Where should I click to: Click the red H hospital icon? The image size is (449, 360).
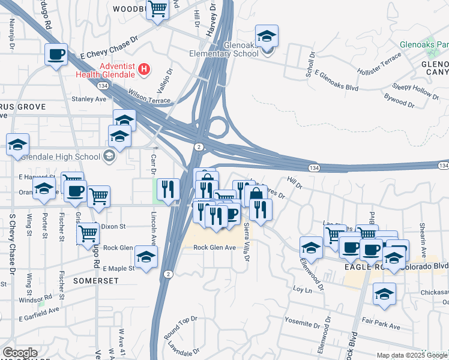143,70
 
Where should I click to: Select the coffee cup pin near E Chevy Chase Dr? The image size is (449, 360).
56,55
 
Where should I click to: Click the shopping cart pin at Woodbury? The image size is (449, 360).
157,10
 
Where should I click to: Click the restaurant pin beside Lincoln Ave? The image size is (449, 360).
169,189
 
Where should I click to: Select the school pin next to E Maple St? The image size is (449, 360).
146,256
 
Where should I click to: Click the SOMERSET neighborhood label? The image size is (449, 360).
93,280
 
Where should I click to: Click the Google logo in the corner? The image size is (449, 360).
20,353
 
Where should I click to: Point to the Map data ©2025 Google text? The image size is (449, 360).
412,355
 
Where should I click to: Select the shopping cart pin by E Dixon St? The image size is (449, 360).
88,232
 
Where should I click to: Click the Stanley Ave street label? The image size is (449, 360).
88,99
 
